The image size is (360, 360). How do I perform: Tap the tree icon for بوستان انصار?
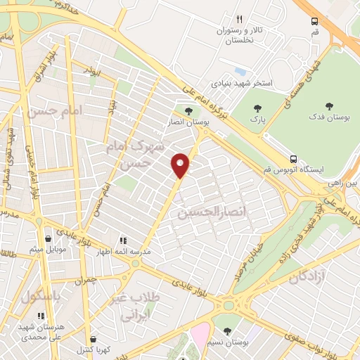coord(188,110)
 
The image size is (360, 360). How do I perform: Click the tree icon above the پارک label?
coord(258,108)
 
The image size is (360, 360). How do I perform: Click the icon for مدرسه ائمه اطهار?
coord(122,240)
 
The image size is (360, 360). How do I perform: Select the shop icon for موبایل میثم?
coord(47,238)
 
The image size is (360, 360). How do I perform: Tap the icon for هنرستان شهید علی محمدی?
coord(40,315)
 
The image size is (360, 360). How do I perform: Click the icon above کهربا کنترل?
coord(93,338)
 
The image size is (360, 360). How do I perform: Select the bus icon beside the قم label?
coord(314,21)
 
